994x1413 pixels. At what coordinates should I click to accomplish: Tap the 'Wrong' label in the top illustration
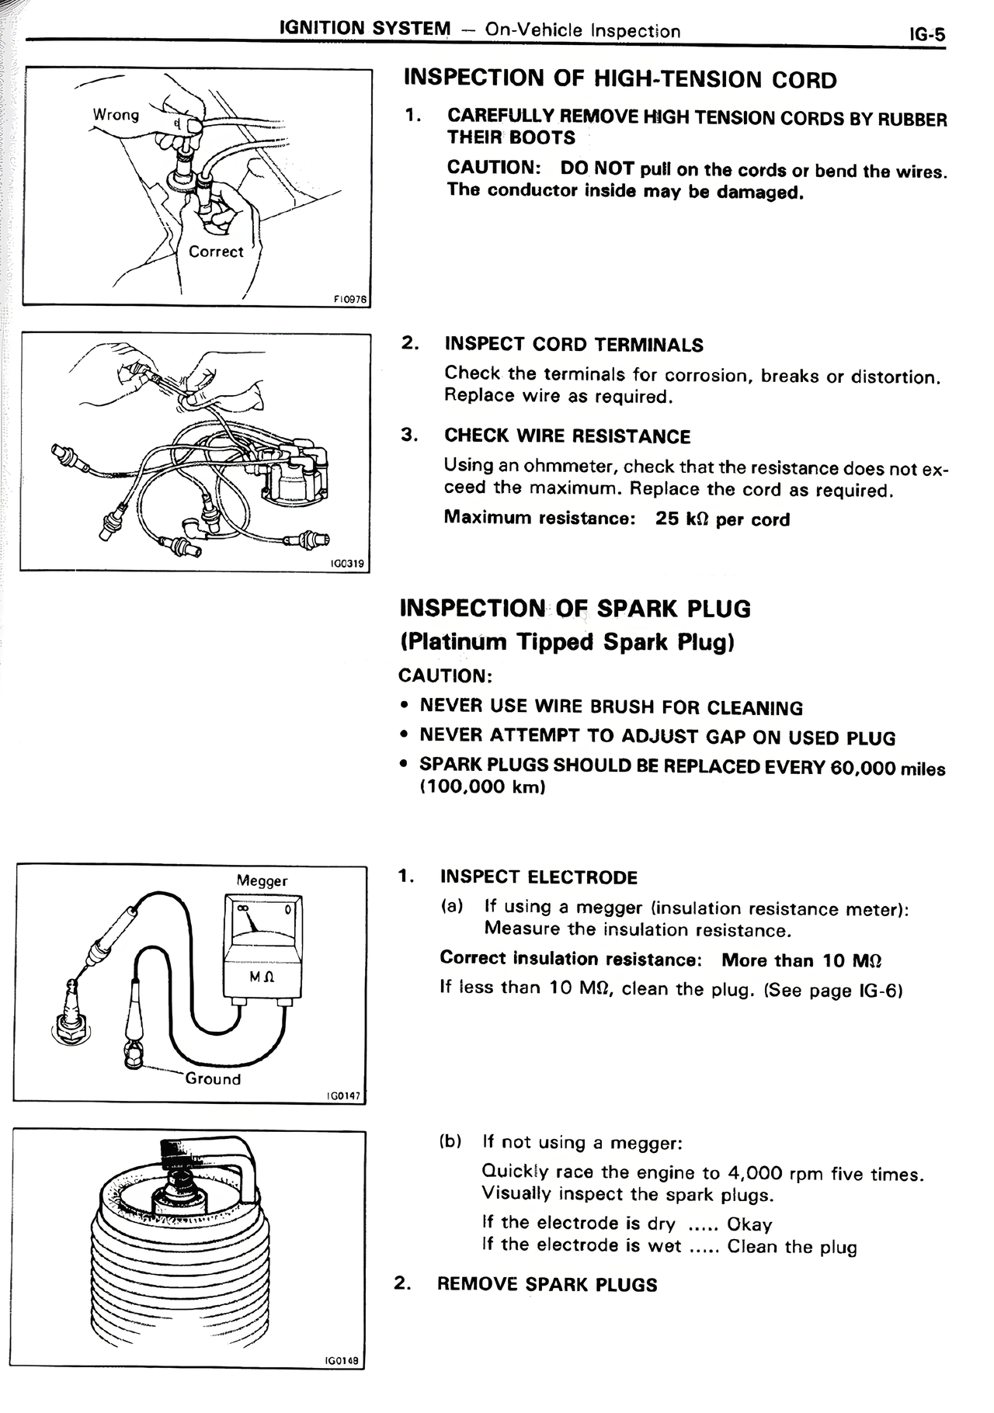(x=116, y=115)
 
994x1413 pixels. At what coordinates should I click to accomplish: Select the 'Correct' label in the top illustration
(x=216, y=252)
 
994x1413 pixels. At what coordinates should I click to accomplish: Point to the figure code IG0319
(x=347, y=564)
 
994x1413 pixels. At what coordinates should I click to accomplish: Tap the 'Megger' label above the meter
(x=262, y=880)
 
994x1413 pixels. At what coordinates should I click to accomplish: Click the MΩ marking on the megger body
(x=262, y=976)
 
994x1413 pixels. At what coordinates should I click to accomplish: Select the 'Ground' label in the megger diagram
(x=213, y=1078)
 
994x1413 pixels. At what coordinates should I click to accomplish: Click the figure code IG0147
(x=343, y=1095)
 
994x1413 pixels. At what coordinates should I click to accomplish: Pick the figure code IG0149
(x=342, y=1360)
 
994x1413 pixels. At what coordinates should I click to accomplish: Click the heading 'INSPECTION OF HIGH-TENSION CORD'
(x=620, y=79)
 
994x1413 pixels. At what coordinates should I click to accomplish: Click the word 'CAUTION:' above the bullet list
(x=445, y=675)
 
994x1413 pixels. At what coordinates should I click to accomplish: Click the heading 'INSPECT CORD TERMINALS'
(x=574, y=345)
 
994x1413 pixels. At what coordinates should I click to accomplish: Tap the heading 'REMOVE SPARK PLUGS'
(x=547, y=1284)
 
